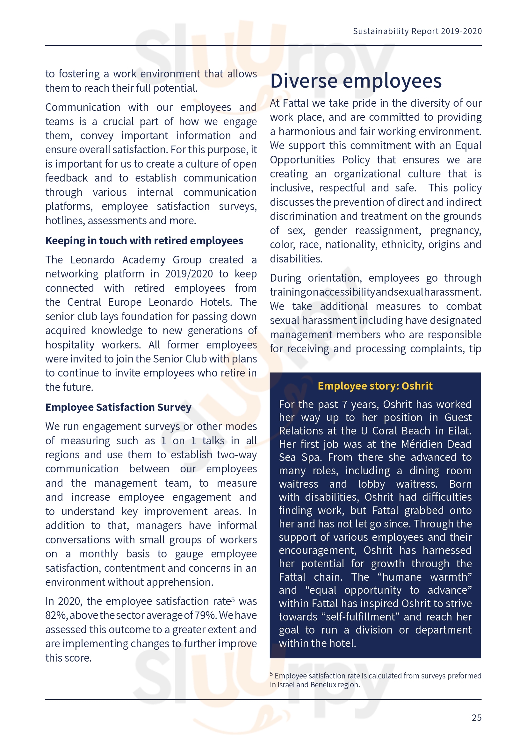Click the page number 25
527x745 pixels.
476,717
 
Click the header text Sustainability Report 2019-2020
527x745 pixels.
417,31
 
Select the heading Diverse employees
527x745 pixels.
356,81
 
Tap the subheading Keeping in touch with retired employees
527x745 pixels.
144,241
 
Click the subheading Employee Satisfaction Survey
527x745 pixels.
118,407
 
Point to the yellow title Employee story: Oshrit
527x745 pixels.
375,386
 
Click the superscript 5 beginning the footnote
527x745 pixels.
271,674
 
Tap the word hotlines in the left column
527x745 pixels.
65,221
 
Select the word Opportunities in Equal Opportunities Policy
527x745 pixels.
302,160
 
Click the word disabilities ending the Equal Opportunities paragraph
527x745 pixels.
296,259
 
